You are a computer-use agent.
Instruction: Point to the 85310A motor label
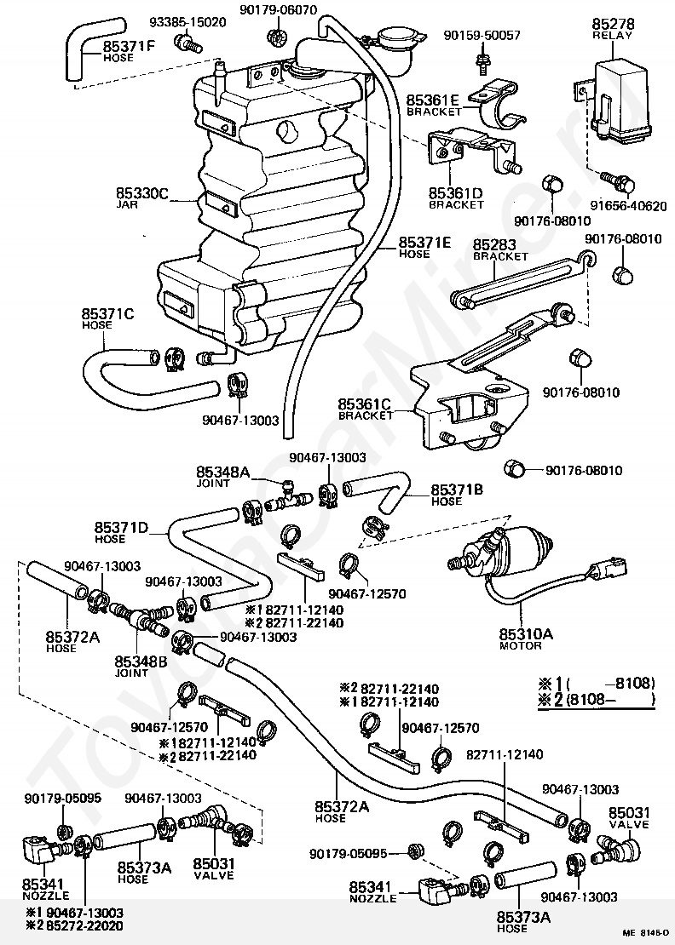[521, 633]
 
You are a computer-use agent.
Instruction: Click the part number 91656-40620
[631, 206]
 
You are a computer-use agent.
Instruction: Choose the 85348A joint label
[222, 472]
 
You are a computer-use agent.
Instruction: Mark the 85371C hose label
[108, 314]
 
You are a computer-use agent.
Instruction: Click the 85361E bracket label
[435, 100]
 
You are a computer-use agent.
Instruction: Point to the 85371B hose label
[458, 490]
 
